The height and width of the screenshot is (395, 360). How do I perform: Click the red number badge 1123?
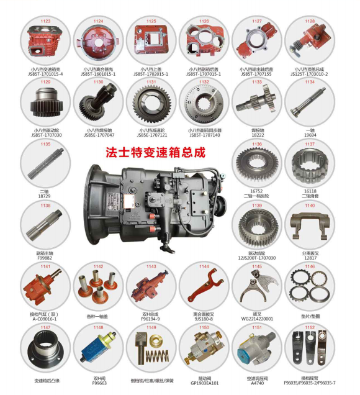click(x=45, y=22)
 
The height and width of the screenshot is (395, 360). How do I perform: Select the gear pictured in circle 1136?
click(x=256, y=166)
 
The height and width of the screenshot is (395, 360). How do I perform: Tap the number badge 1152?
click(x=309, y=327)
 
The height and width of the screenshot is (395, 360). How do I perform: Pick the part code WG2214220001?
click(x=256, y=319)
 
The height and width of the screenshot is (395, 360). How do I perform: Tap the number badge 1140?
click(x=309, y=206)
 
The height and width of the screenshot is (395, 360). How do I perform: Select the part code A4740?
click(x=256, y=384)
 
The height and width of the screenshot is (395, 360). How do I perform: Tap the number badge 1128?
click(x=309, y=22)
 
